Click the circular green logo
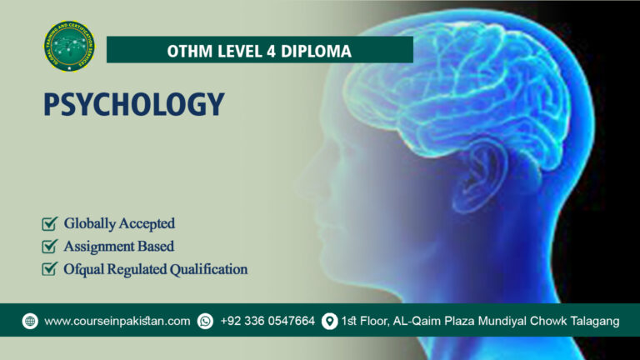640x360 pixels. [69, 47]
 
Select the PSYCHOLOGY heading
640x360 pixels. [134, 104]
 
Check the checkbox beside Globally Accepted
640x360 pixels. [49, 223]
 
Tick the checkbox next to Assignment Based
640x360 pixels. [49, 247]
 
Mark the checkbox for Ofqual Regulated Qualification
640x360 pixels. [49, 269]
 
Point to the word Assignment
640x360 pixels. [100, 247]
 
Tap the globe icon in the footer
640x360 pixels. [30, 321]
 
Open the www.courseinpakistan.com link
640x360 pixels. [117, 321]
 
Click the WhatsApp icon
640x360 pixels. [205, 321]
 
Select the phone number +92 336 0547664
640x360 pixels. [267, 321]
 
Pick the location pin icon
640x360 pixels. [329, 321]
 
